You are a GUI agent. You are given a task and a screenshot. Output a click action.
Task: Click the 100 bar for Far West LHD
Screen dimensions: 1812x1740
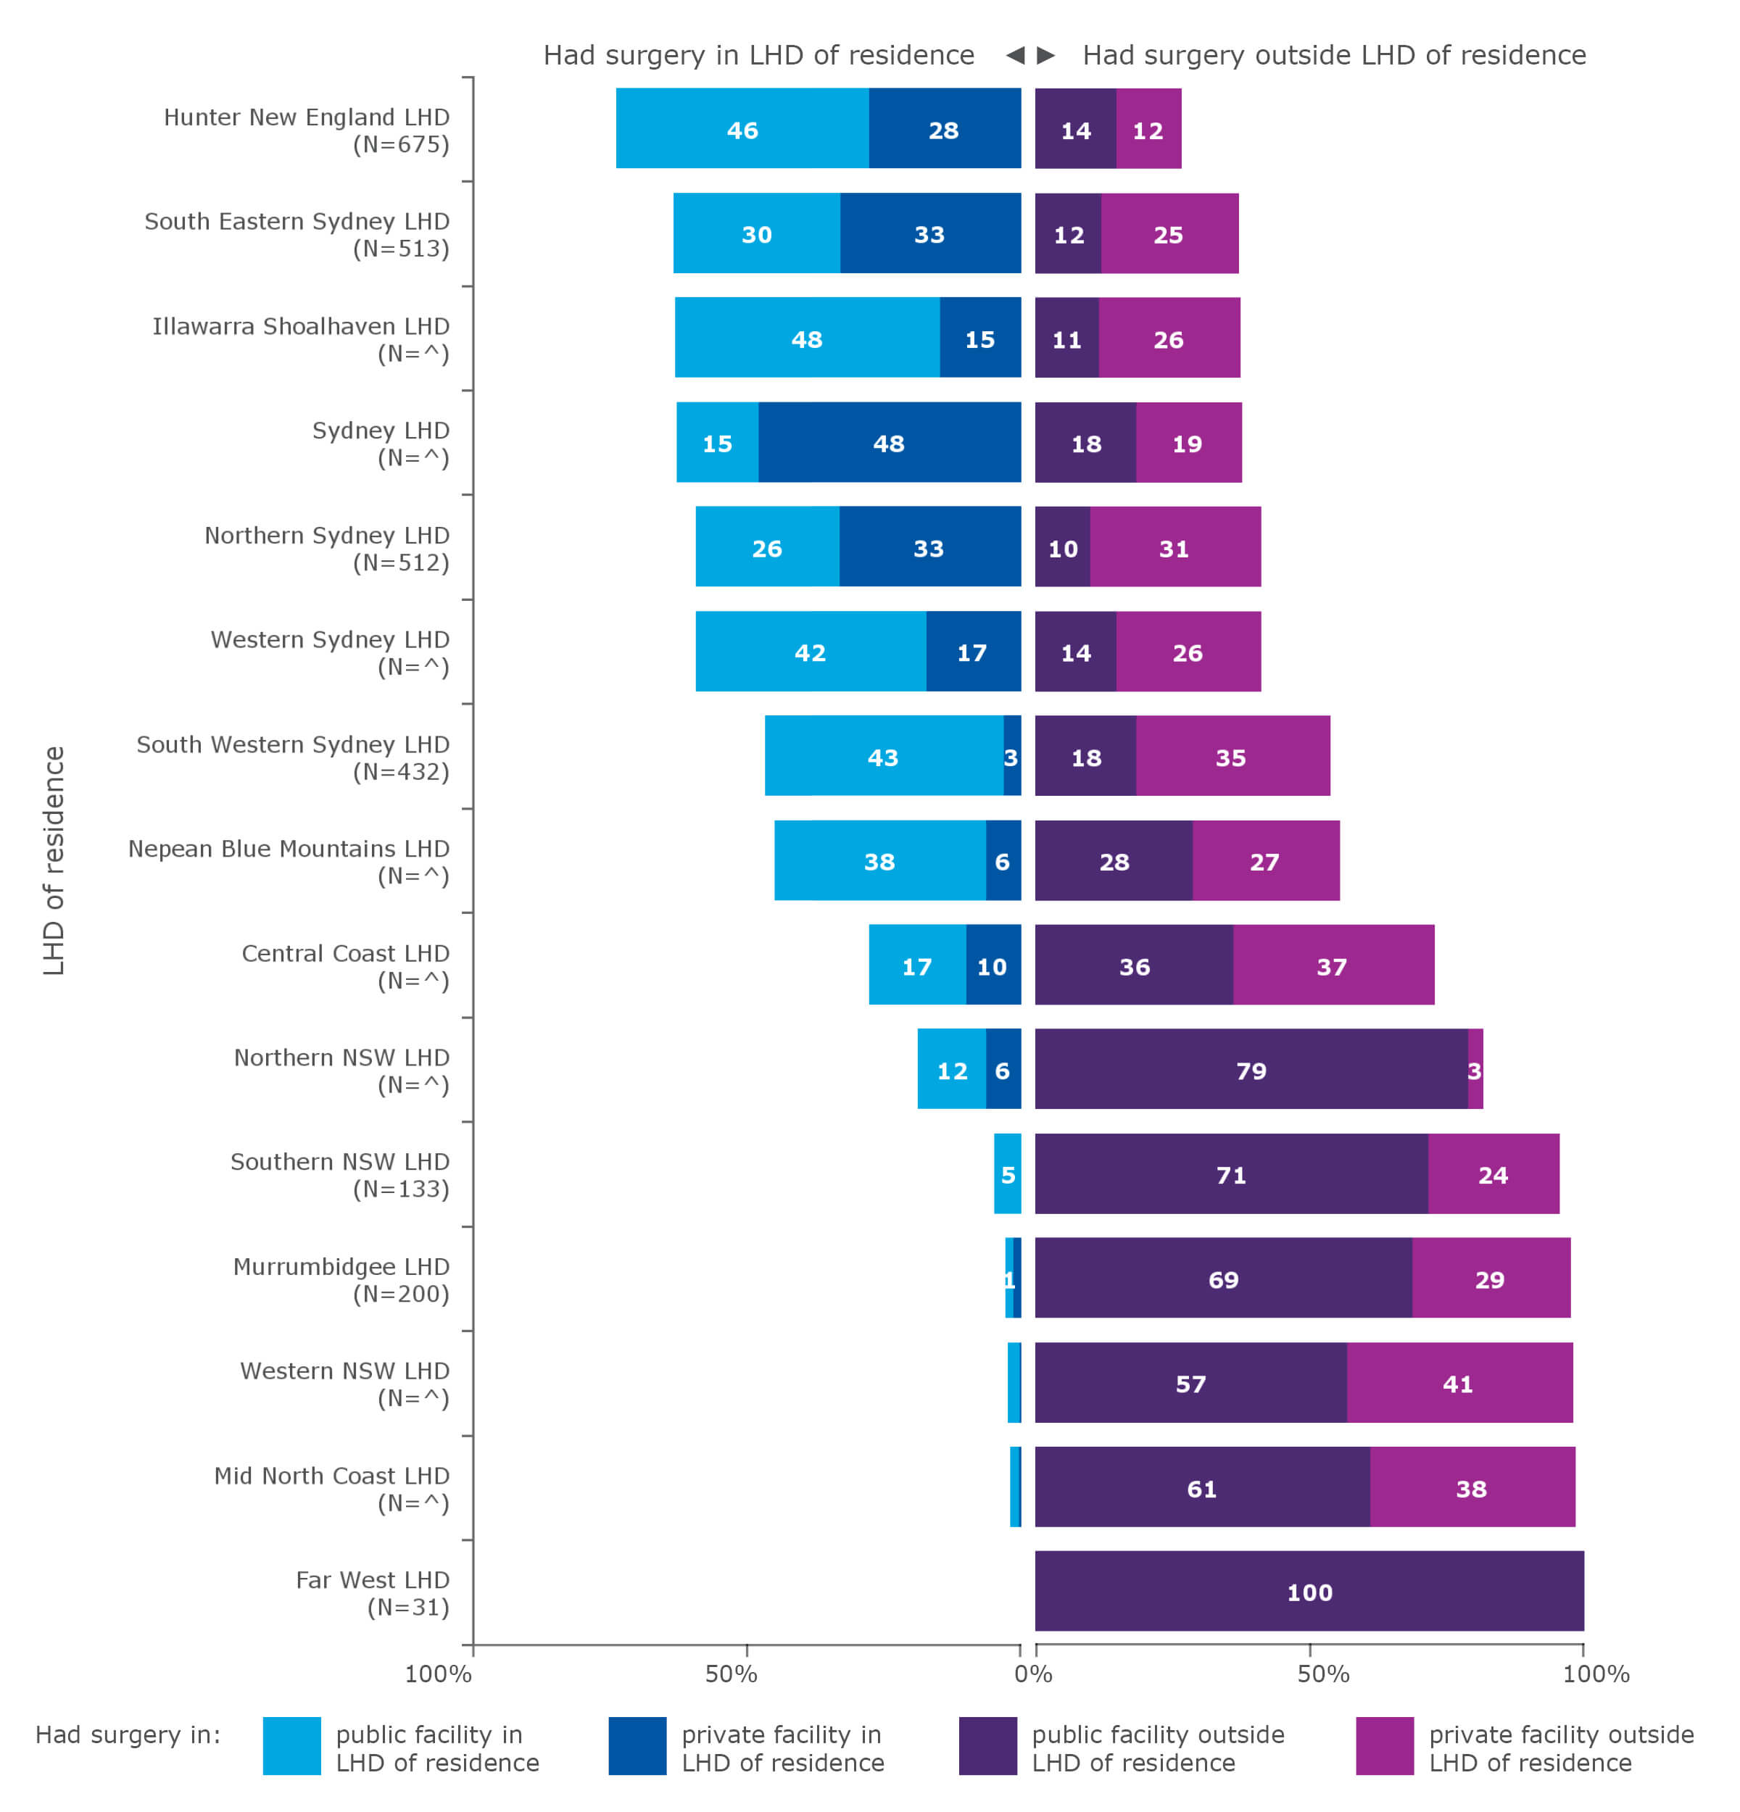tap(1308, 1591)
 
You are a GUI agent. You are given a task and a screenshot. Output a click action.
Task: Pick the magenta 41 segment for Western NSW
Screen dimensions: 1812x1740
tap(1458, 1383)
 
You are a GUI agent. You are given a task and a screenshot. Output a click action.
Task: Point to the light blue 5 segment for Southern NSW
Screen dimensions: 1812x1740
tap(1007, 1173)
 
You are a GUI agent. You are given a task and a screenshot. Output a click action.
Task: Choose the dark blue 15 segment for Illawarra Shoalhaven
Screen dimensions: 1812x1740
tap(979, 338)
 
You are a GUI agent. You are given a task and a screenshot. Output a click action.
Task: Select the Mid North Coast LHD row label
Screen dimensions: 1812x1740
tap(331, 1487)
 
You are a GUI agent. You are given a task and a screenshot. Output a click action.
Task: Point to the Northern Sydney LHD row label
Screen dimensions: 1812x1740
tap(326, 547)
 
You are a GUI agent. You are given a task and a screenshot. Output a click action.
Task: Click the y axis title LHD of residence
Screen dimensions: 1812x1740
tap(54, 860)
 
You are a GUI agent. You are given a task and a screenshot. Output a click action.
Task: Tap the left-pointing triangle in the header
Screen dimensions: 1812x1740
tap(1014, 54)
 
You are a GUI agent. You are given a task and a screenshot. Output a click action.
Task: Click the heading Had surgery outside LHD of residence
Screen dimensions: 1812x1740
tap(1333, 54)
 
